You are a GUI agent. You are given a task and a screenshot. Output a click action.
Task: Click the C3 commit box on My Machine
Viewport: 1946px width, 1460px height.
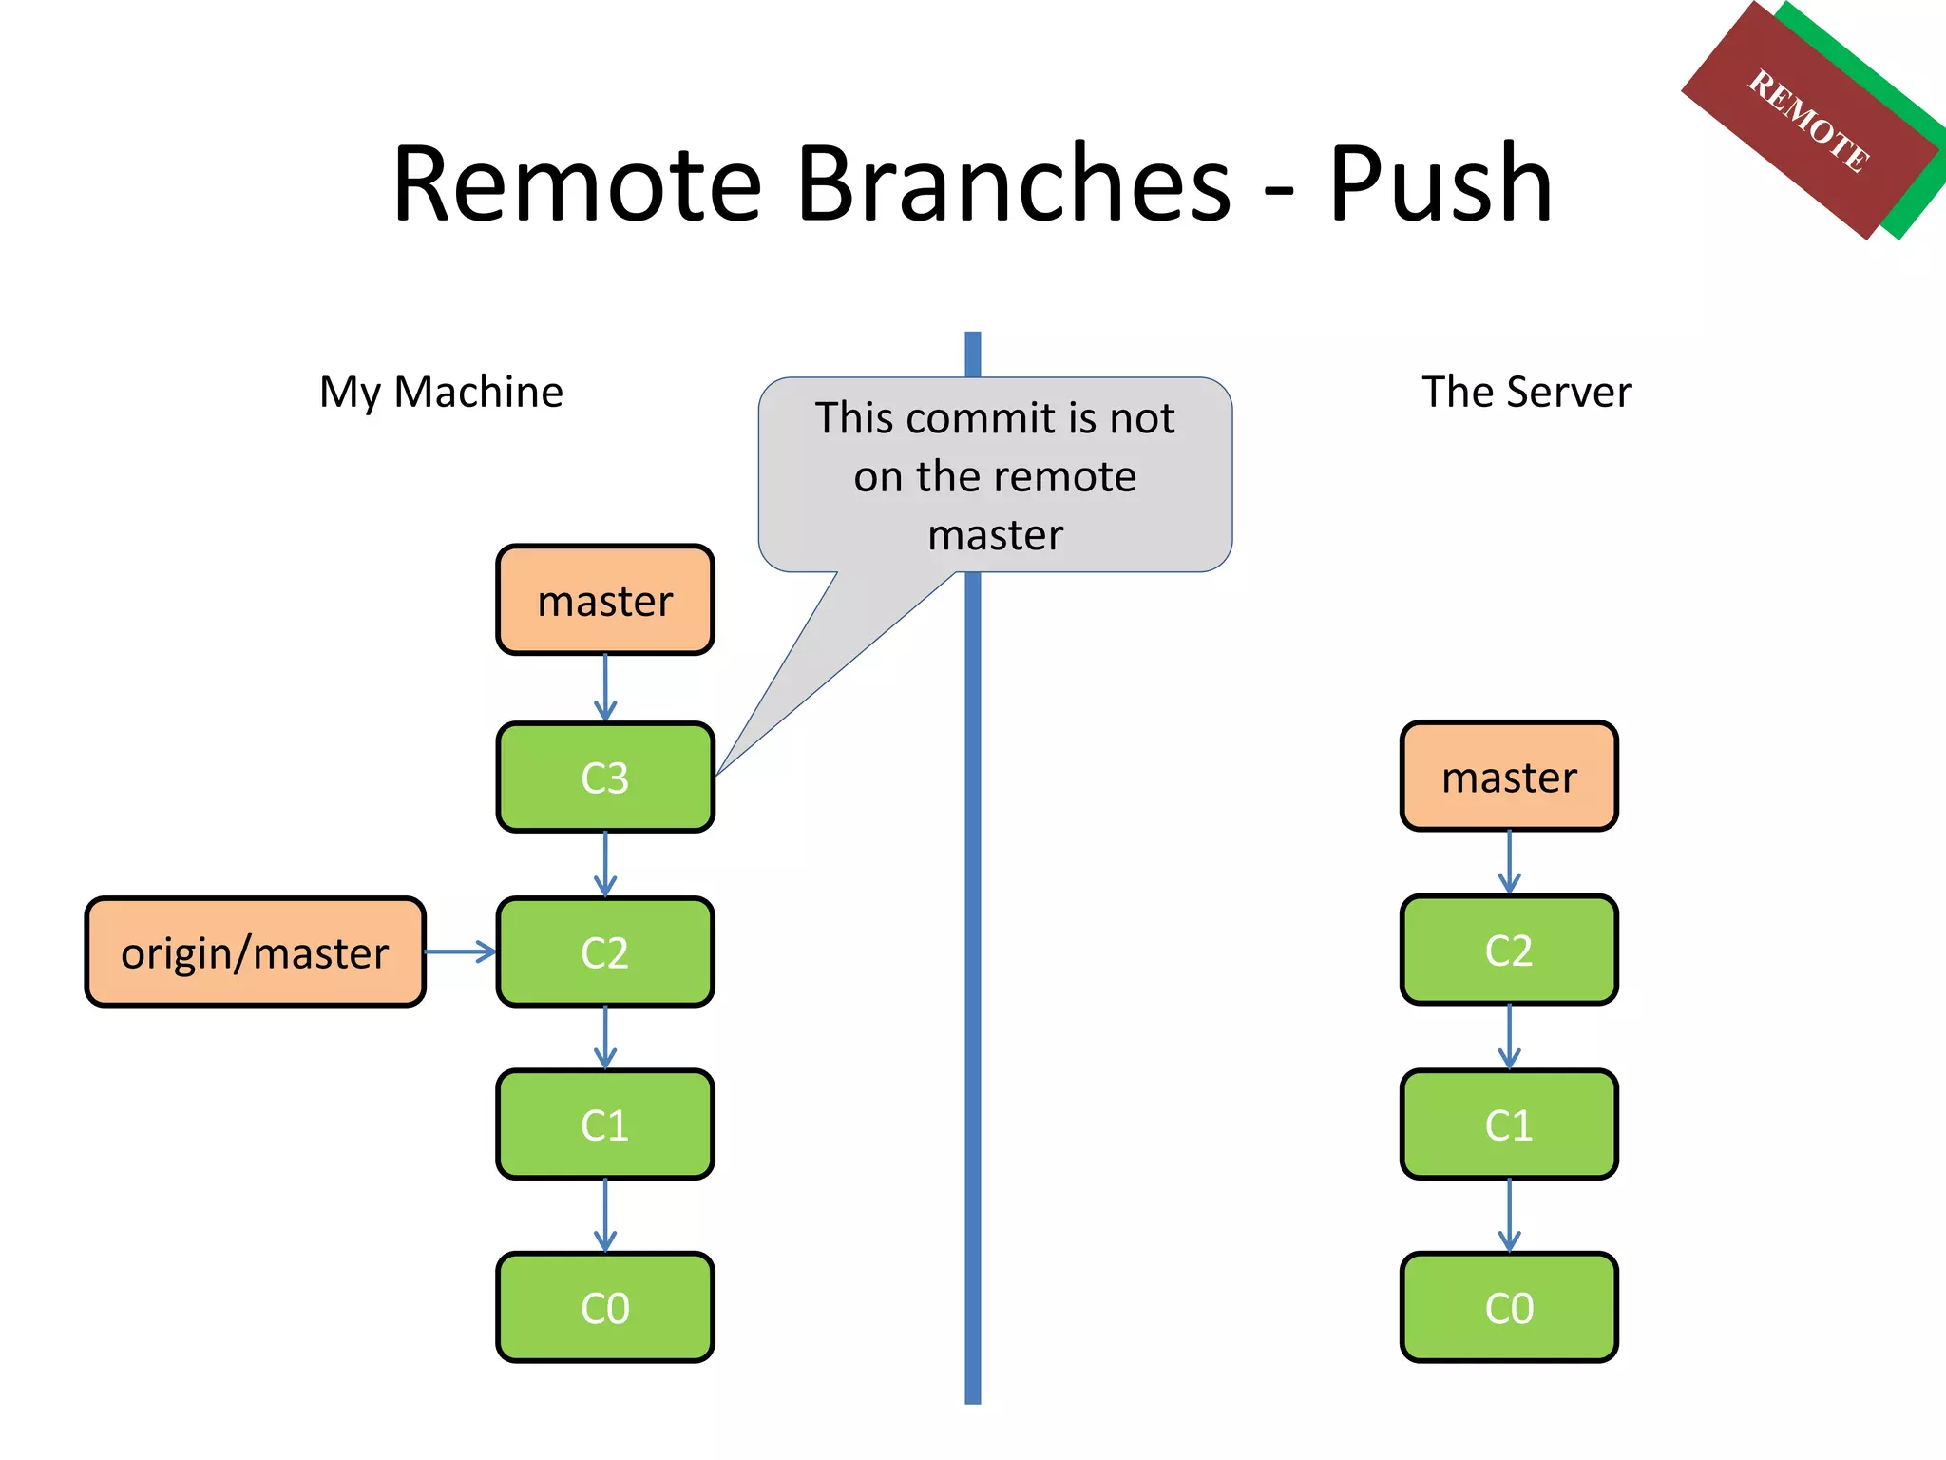604,778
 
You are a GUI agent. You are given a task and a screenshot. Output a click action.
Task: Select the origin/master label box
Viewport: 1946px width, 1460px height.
255,952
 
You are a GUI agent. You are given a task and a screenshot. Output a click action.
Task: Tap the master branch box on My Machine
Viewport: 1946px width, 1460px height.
604,601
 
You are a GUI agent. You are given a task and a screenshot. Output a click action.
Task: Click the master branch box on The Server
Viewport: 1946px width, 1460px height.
1509,777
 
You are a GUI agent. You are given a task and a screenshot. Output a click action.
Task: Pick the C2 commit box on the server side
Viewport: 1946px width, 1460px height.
1509,951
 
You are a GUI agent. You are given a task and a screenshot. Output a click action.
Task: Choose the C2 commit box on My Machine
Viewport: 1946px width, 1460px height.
604,952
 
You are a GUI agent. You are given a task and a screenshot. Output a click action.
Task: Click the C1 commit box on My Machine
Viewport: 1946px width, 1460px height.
604,1125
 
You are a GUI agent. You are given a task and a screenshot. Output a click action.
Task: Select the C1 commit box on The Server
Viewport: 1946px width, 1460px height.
1509,1125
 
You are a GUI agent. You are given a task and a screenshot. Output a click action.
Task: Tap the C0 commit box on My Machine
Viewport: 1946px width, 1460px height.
604,1308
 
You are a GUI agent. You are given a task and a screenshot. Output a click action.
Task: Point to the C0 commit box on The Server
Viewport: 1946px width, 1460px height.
1509,1308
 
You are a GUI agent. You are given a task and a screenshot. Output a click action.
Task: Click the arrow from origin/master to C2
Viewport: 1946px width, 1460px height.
460,951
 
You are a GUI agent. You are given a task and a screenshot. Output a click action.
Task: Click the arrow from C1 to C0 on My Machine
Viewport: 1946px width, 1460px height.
605,1216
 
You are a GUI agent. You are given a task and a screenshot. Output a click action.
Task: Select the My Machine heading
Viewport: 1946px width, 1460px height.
441,392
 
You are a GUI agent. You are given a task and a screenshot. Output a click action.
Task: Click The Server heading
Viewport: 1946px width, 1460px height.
1526,392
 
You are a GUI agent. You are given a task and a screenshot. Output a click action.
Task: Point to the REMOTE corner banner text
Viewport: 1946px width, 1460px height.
1809,121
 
